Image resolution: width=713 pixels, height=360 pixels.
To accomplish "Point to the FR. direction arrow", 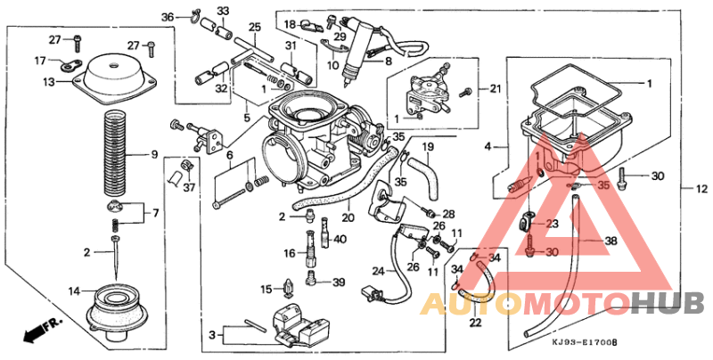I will (x=37, y=332).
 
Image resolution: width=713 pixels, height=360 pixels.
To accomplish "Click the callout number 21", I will (x=496, y=88).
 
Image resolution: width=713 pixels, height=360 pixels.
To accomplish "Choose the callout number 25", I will (x=254, y=28).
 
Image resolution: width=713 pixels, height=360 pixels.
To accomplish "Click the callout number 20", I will (x=348, y=217).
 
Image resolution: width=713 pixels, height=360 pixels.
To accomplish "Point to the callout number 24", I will (x=377, y=270).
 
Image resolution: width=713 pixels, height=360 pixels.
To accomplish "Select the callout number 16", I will (x=290, y=254).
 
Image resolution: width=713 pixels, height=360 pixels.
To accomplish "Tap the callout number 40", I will (x=340, y=239).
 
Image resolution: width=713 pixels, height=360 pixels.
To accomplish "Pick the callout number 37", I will (x=188, y=187).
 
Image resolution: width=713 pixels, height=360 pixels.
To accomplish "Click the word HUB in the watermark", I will (x=668, y=304).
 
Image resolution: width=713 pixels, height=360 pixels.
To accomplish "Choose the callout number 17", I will (x=40, y=61).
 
